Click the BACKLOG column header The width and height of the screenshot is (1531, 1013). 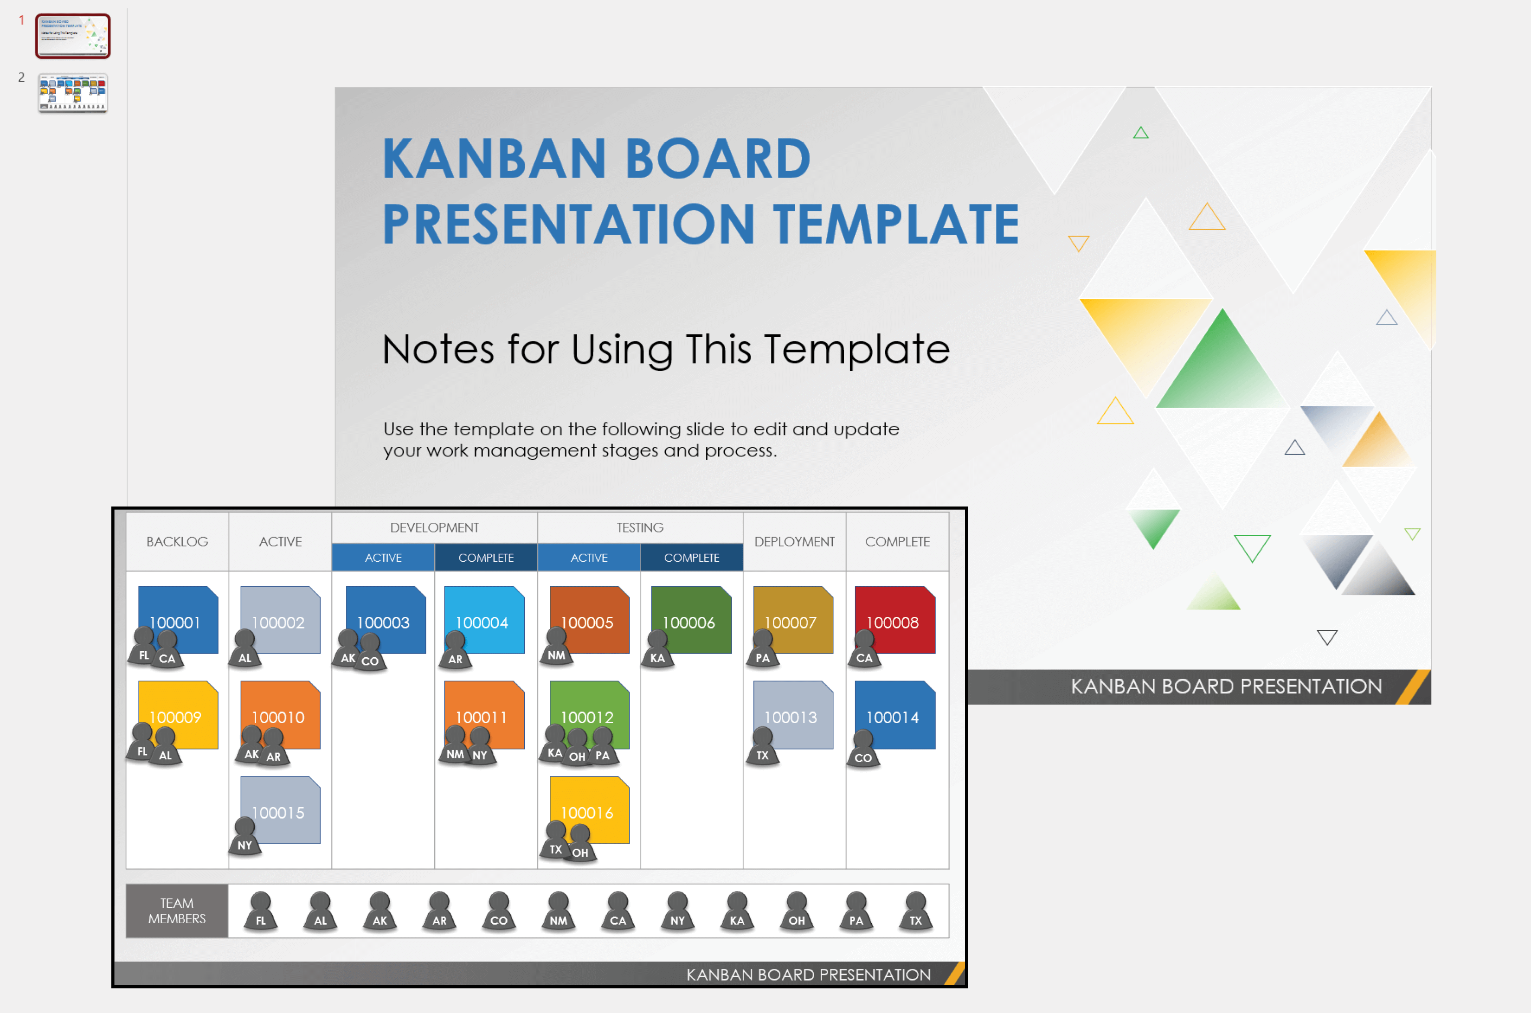(x=177, y=541)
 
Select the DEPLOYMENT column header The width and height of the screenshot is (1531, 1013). (x=794, y=541)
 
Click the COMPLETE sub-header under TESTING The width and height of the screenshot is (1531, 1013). (x=692, y=558)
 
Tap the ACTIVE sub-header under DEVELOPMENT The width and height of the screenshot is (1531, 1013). (x=383, y=558)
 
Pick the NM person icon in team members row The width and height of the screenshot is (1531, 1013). (x=559, y=911)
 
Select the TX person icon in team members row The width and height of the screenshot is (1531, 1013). (x=916, y=911)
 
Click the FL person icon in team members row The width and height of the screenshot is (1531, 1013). (x=260, y=911)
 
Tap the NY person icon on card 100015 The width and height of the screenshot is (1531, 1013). (x=245, y=837)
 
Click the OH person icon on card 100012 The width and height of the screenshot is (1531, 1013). (x=577, y=748)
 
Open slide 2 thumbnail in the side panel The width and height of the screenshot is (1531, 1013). (x=72, y=93)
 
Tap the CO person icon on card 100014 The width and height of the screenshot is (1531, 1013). (x=863, y=750)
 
